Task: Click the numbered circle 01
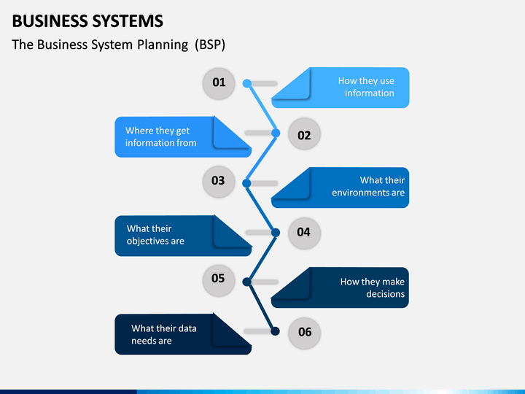pyautogui.click(x=219, y=83)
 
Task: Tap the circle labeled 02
pyautogui.click(x=304, y=134)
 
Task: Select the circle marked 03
pyautogui.click(x=219, y=182)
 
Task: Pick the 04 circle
pyautogui.click(x=304, y=233)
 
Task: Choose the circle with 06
pyautogui.click(x=304, y=333)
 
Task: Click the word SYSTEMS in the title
pyautogui.click(x=128, y=21)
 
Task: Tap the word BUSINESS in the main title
pyautogui.click(x=50, y=21)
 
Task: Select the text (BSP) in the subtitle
pyautogui.click(x=210, y=45)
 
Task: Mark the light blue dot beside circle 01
pyautogui.click(x=247, y=83)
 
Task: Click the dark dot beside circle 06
pyautogui.click(x=275, y=331)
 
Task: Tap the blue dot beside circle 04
pyautogui.click(x=276, y=233)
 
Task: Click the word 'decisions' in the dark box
pyautogui.click(x=386, y=294)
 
